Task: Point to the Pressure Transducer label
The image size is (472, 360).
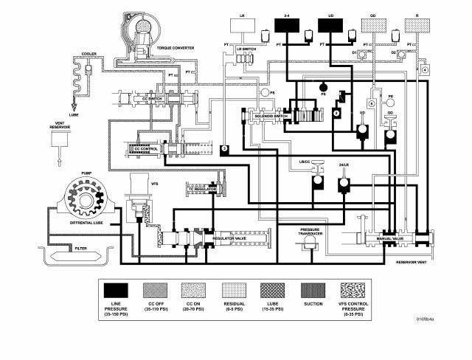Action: pyautogui.click(x=313, y=212)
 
